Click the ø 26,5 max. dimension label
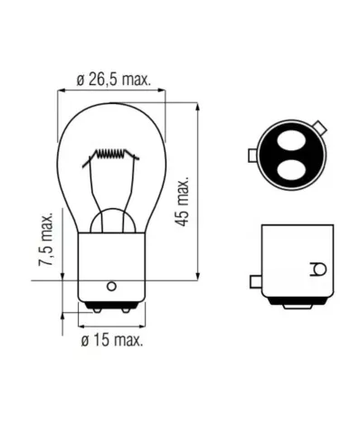pyautogui.click(x=113, y=80)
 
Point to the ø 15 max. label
pyautogui.click(x=113, y=341)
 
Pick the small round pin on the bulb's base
pyautogui.click(x=110, y=286)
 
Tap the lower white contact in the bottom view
pyautogui.click(x=289, y=168)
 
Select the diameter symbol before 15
pyautogui.click(x=85, y=341)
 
